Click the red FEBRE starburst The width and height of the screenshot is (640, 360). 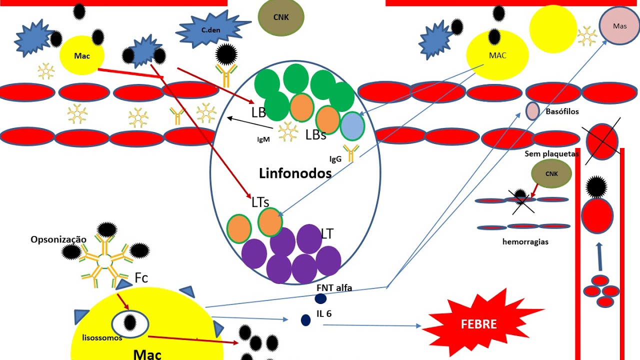tap(478, 323)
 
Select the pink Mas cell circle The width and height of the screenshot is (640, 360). tap(619, 26)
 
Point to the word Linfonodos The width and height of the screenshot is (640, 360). tap(295, 173)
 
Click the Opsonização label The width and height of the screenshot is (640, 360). tap(58, 239)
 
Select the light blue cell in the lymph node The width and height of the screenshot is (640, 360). tap(352, 126)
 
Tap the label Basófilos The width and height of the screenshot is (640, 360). tap(562, 111)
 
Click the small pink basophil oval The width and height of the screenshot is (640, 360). tap(532, 111)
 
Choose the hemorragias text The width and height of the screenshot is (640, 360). tap(525, 242)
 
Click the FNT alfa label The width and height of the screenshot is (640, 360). tap(334, 287)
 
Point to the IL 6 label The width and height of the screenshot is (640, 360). tap(323, 314)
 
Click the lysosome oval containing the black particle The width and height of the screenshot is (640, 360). tap(130, 323)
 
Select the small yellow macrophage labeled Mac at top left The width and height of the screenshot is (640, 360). tap(82, 55)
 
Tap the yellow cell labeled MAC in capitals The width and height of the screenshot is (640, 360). tap(497, 55)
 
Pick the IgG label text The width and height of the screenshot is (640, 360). tap(335, 159)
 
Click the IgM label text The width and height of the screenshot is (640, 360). tap(263, 139)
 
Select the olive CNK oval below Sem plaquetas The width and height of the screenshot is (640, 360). tap(551, 174)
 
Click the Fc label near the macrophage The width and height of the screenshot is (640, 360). tap(141, 278)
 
